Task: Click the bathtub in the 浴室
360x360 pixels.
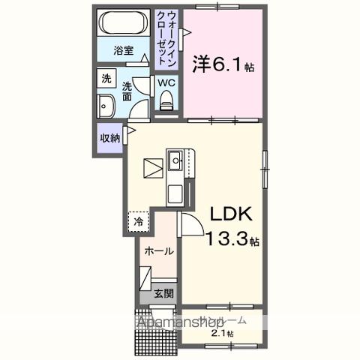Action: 124,22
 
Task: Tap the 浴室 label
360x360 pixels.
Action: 124,51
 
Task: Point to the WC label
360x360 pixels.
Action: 166,83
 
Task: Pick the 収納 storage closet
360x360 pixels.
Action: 109,138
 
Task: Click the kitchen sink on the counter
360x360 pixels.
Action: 174,159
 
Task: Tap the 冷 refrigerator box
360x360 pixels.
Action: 138,221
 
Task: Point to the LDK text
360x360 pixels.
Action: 230,216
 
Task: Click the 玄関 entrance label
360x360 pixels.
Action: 164,294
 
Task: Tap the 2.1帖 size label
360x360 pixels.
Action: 222,334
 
